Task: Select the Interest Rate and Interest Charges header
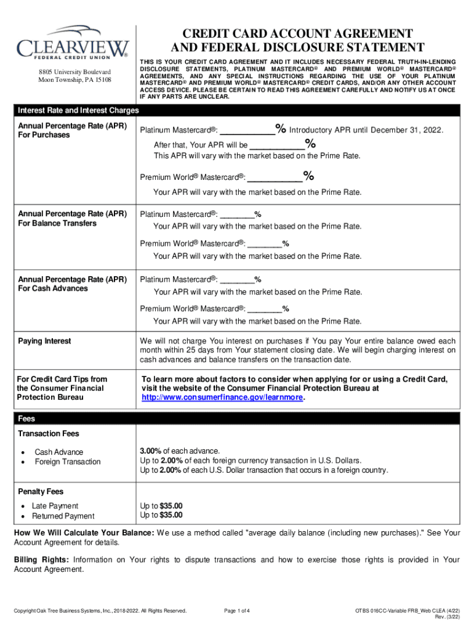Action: coord(78,110)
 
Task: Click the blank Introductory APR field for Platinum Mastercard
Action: coord(247,130)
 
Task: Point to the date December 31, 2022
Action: coord(406,130)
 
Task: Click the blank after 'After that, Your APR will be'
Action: coord(276,145)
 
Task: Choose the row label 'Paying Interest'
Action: coord(44,341)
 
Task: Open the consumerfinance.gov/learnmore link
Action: coord(222,398)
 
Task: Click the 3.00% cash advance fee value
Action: coord(151,451)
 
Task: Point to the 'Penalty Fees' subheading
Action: coord(41,492)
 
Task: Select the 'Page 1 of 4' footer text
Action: coord(237,611)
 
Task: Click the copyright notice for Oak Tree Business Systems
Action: coord(100,611)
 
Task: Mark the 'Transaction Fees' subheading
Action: coord(49,434)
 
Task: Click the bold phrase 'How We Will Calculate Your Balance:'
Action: coord(84,532)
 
